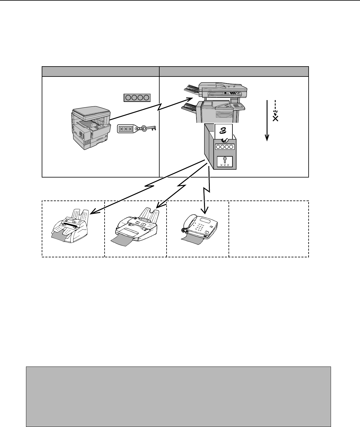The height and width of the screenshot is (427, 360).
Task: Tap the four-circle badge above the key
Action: (137, 98)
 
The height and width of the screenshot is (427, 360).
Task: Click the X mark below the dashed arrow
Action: (275, 118)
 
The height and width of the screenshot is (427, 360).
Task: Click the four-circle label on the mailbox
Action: (225, 147)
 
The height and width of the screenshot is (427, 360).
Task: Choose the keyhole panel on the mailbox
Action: (225, 162)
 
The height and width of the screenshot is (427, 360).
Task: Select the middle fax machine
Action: (136, 225)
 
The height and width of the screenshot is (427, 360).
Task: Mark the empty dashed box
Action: (269, 229)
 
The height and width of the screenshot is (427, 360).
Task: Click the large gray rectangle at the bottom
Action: (178, 396)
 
